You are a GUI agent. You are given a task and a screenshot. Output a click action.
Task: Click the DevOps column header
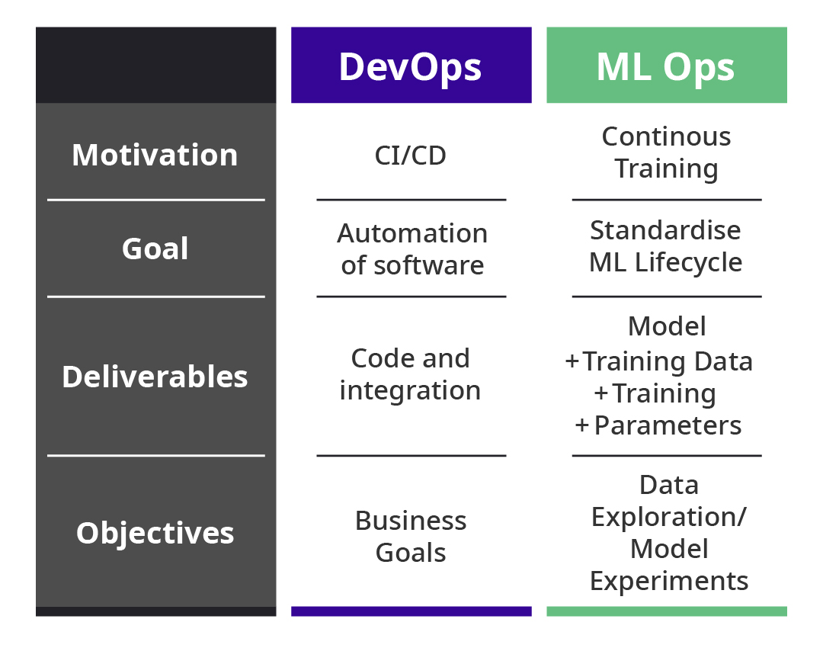(411, 66)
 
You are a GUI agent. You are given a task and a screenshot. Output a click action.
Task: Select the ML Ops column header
(666, 66)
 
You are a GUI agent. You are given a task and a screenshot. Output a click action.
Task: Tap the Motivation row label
(155, 155)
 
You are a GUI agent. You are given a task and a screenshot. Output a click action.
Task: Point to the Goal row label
(155, 249)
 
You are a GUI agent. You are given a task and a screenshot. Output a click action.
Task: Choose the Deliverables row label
(155, 377)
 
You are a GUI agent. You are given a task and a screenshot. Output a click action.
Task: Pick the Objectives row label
(155, 532)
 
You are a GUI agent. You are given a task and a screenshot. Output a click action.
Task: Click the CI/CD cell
(411, 156)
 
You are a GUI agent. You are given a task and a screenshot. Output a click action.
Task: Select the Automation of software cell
(411, 249)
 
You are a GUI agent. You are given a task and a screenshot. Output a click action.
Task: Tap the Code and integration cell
(411, 374)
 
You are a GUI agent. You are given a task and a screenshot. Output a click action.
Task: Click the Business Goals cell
(411, 537)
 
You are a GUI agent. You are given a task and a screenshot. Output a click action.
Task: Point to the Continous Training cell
(666, 152)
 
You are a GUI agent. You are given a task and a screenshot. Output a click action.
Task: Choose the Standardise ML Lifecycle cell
(666, 246)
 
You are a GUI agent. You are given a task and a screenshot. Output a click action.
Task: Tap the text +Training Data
(659, 361)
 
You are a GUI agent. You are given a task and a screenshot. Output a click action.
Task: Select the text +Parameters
(659, 425)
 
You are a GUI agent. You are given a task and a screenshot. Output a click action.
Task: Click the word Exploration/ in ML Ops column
(669, 517)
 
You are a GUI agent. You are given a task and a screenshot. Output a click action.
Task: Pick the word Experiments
(669, 581)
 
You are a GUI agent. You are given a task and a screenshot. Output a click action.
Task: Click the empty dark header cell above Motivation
(155, 66)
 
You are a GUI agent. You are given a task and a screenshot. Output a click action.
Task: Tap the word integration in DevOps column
(411, 390)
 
